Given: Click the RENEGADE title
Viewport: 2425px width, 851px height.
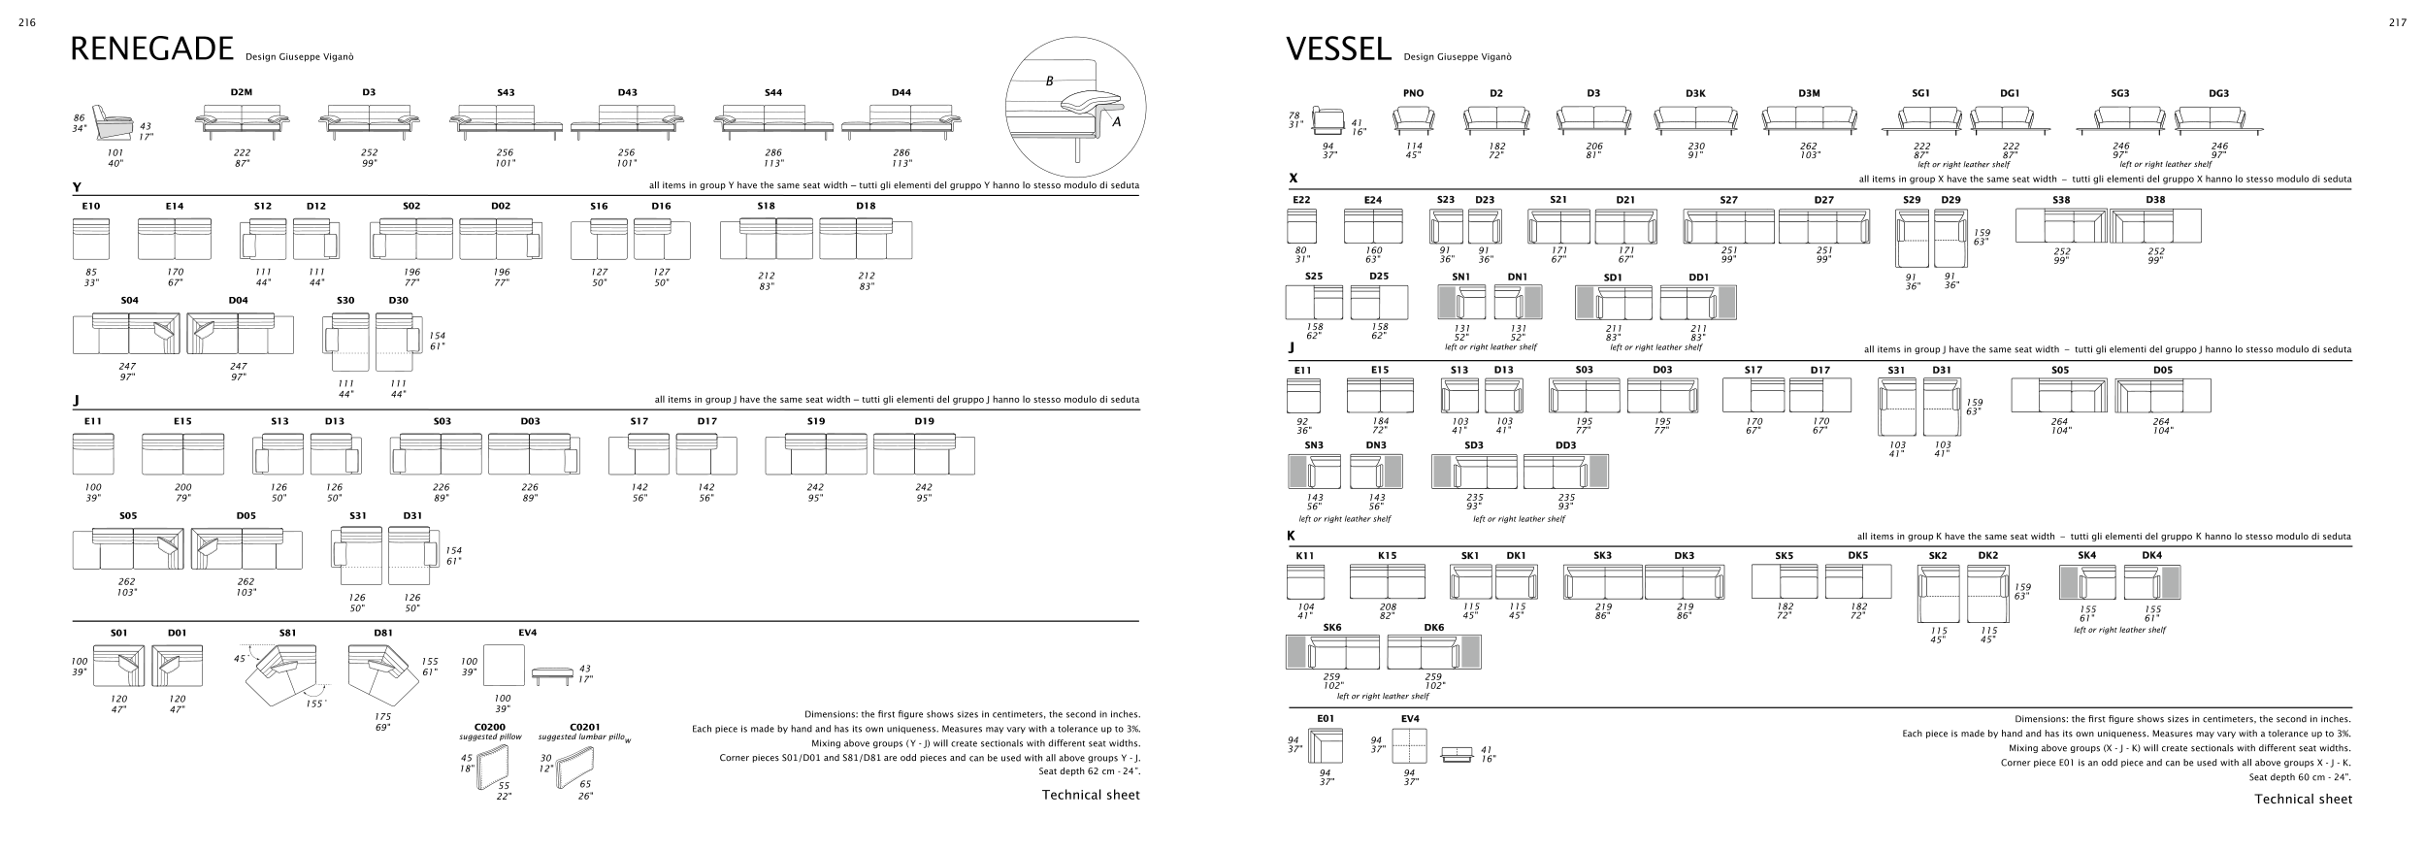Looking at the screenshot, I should tap(152, 49).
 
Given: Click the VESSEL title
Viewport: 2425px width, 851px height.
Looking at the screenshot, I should tap(1338, 49).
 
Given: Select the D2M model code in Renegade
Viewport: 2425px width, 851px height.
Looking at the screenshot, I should tap(242, 92).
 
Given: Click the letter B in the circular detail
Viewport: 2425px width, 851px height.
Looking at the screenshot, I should tap(1049, 82).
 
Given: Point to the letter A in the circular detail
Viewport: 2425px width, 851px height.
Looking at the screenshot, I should tap(1116, 122).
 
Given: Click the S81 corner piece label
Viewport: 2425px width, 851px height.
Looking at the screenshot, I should tap(287, 633).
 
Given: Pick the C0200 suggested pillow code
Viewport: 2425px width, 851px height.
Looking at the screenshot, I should tap(489, 726).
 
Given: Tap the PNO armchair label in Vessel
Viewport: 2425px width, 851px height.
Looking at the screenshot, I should tap(1413, 93).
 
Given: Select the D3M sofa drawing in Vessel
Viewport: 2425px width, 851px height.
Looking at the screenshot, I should tap(1808, 118).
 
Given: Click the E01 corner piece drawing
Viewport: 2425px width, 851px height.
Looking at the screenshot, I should tap(1325, 746).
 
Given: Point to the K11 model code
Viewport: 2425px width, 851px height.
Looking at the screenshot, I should tap(1304, 555).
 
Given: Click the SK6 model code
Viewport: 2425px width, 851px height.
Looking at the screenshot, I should tap(1332, 627).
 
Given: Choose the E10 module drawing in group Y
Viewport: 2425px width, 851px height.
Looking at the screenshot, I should tap(91, 239).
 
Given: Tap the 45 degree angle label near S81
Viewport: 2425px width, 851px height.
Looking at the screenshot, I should tap(240, 658).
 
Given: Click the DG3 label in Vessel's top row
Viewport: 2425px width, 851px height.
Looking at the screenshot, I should tap(2218, 93).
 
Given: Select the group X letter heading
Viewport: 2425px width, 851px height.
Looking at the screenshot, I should tap(1293, 179).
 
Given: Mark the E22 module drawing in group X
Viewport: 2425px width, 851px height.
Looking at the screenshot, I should tap(1300, 226).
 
